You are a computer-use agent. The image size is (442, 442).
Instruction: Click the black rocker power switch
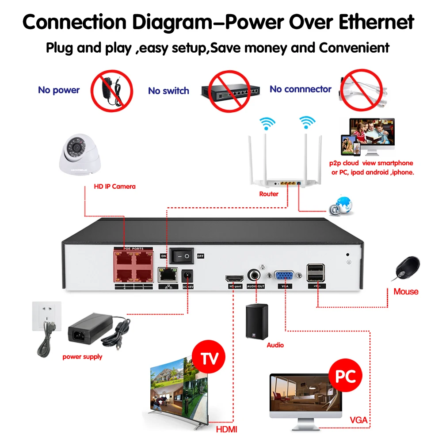(182, 255)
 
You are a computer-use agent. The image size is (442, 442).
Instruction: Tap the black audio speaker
(257, 322)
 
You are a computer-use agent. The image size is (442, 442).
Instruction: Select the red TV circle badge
(209, 358)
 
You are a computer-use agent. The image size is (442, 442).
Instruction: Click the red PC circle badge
(345, 377)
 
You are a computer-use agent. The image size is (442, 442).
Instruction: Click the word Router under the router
(269, 194)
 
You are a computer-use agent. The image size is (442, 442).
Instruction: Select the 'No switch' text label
(168, 91)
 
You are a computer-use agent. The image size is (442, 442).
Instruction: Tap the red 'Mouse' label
(406, 291)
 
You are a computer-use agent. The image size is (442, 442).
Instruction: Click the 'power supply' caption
(82, 357)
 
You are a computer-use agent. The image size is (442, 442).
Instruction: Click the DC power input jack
(189, 277)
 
